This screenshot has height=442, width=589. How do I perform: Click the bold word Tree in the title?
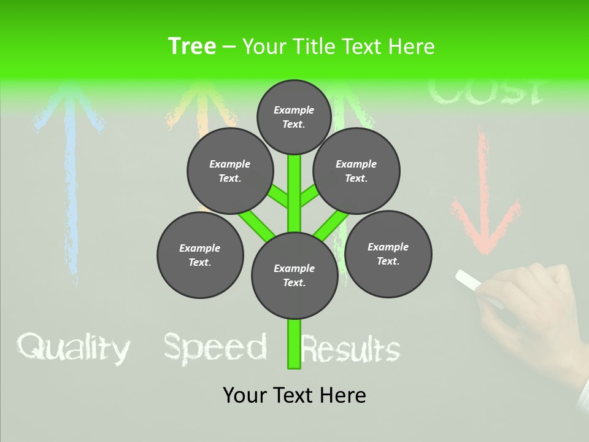click(192, 46)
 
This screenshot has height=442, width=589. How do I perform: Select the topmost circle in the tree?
click(294, 117)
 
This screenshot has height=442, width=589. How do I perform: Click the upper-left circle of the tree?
click(229, 171)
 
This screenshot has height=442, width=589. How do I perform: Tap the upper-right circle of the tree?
click(356, 171)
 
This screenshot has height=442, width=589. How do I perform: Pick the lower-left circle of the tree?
click(200, 255)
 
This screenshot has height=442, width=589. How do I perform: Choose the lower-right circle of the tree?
click(388, 254)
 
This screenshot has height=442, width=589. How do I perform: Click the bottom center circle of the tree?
click(294, 276)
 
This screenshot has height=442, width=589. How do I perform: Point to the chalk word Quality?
click(73, 349)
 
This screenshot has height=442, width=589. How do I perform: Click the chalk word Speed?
click(215, 348)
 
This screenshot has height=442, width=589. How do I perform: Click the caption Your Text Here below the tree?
click(294, 395)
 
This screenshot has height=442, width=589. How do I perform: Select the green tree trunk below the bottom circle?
click(294, 344)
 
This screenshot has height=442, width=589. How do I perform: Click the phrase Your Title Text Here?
click(339, 46)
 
